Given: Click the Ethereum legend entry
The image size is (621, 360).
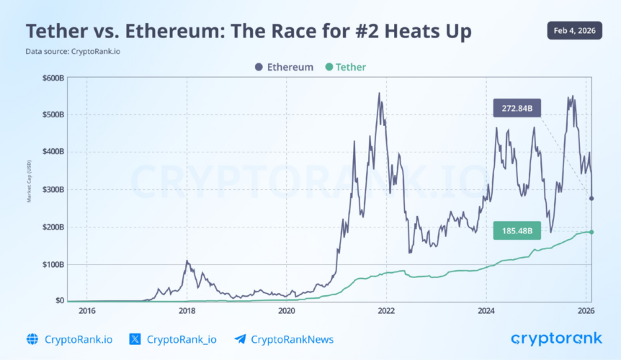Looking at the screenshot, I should [284, 67].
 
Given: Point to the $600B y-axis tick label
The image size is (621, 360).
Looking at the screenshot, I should [53, 78].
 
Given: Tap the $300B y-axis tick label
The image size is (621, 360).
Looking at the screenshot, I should [53, 189].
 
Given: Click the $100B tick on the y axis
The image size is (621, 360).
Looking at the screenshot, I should [53, 264].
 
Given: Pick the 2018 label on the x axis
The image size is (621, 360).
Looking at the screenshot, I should [187, 311].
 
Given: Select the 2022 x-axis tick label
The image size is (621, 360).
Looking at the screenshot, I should [386, 311].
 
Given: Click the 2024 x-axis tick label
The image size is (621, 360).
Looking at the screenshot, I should [486, 311].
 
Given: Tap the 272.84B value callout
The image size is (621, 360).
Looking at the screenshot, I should [517, 109].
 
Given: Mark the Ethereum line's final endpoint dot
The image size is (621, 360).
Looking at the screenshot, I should [591, 199].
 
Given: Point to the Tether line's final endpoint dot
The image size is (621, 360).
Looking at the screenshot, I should [591, 232].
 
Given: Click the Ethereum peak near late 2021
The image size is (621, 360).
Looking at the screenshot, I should [379, 94].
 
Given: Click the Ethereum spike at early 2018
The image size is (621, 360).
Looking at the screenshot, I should [187, 261].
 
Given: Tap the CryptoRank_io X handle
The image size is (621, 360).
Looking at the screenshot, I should [173, 339].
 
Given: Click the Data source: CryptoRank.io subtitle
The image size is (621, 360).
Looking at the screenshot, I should [71, 51].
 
